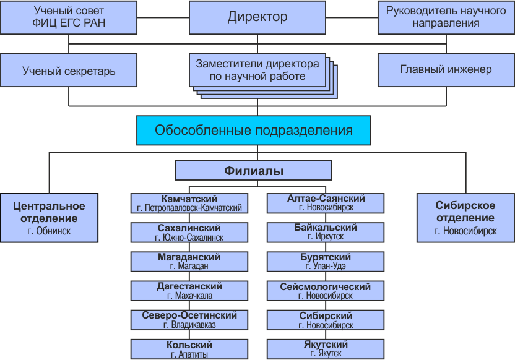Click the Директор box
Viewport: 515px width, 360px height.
pos(257,17)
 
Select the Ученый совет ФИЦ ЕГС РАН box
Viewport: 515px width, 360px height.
pos(69,17)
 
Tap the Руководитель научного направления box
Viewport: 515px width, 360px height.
pos(446,17)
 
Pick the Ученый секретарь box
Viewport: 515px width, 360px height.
pos(69,71)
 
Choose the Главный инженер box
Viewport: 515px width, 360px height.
pos(446,71)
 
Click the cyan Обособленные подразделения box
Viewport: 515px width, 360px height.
pos(254,131)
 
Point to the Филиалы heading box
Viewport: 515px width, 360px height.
pos(254,170)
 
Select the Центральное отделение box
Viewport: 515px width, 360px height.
pos(50,218)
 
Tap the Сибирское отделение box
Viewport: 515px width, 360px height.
pos(465,218)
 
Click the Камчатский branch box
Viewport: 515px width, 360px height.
pos(189,204)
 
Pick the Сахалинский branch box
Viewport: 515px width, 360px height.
pos(189,233)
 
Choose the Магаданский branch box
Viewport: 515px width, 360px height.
pos(189,262)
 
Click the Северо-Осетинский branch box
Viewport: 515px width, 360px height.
pos(189,320)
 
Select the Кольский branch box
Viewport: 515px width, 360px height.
pos(189,349)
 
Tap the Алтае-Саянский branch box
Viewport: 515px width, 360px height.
pos(326,204)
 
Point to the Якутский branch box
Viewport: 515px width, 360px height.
pos(326,349)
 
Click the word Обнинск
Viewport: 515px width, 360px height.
pos(53,231)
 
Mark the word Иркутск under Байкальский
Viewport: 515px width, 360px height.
pos(329,237)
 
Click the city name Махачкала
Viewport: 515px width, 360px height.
pos(194,296)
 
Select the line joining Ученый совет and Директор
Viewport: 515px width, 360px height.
pos(163,17)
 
